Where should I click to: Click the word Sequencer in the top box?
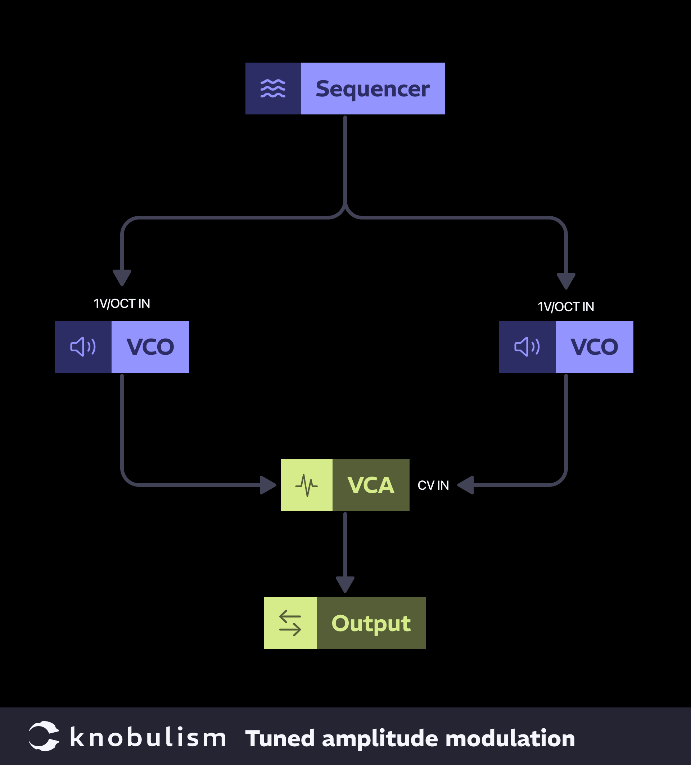click(x=372, y=89)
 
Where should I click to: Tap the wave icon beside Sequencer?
click(x=273, y=89)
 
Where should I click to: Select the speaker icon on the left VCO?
click(x=83, y=347)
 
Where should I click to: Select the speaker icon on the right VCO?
click(x=527, y=347)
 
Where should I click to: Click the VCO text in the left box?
click(x=150, y=347)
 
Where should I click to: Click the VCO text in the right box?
click(x=594, y=347)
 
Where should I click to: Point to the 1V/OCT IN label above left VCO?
click(x=122, y=304)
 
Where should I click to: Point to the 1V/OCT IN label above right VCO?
click(x=566, y=307)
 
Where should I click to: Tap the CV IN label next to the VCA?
click(x=433, y=485)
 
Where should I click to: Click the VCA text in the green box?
click(x=371, y=485)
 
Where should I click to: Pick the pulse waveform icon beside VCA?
click(x=307, y=485)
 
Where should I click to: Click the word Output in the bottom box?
click(x=371, y=623)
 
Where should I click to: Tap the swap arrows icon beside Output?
click(x=290, y=623)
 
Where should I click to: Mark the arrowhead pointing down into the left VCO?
click(x=122, y=277)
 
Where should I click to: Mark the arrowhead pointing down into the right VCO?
click(x=566, y=281)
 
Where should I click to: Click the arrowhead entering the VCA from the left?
click(x=267, y=485)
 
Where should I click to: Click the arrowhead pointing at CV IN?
click(x=466, y=485)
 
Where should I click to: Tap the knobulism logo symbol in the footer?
click(x=44, y=736)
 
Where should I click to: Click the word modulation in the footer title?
click(x=510, y=738)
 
